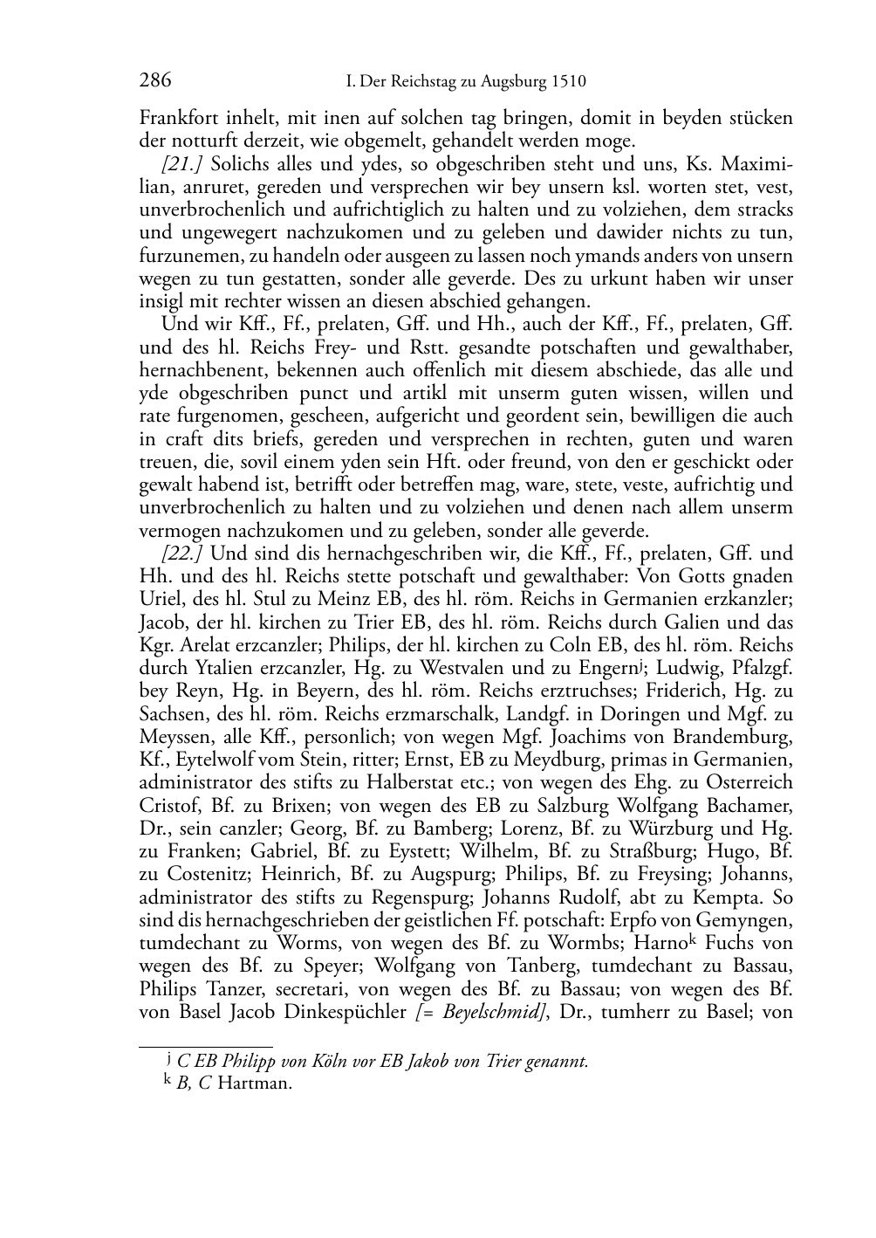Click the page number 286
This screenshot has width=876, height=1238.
155,81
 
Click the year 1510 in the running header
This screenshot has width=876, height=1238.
569,83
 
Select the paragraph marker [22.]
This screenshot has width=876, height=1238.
183,554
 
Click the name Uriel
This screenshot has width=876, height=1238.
158,600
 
